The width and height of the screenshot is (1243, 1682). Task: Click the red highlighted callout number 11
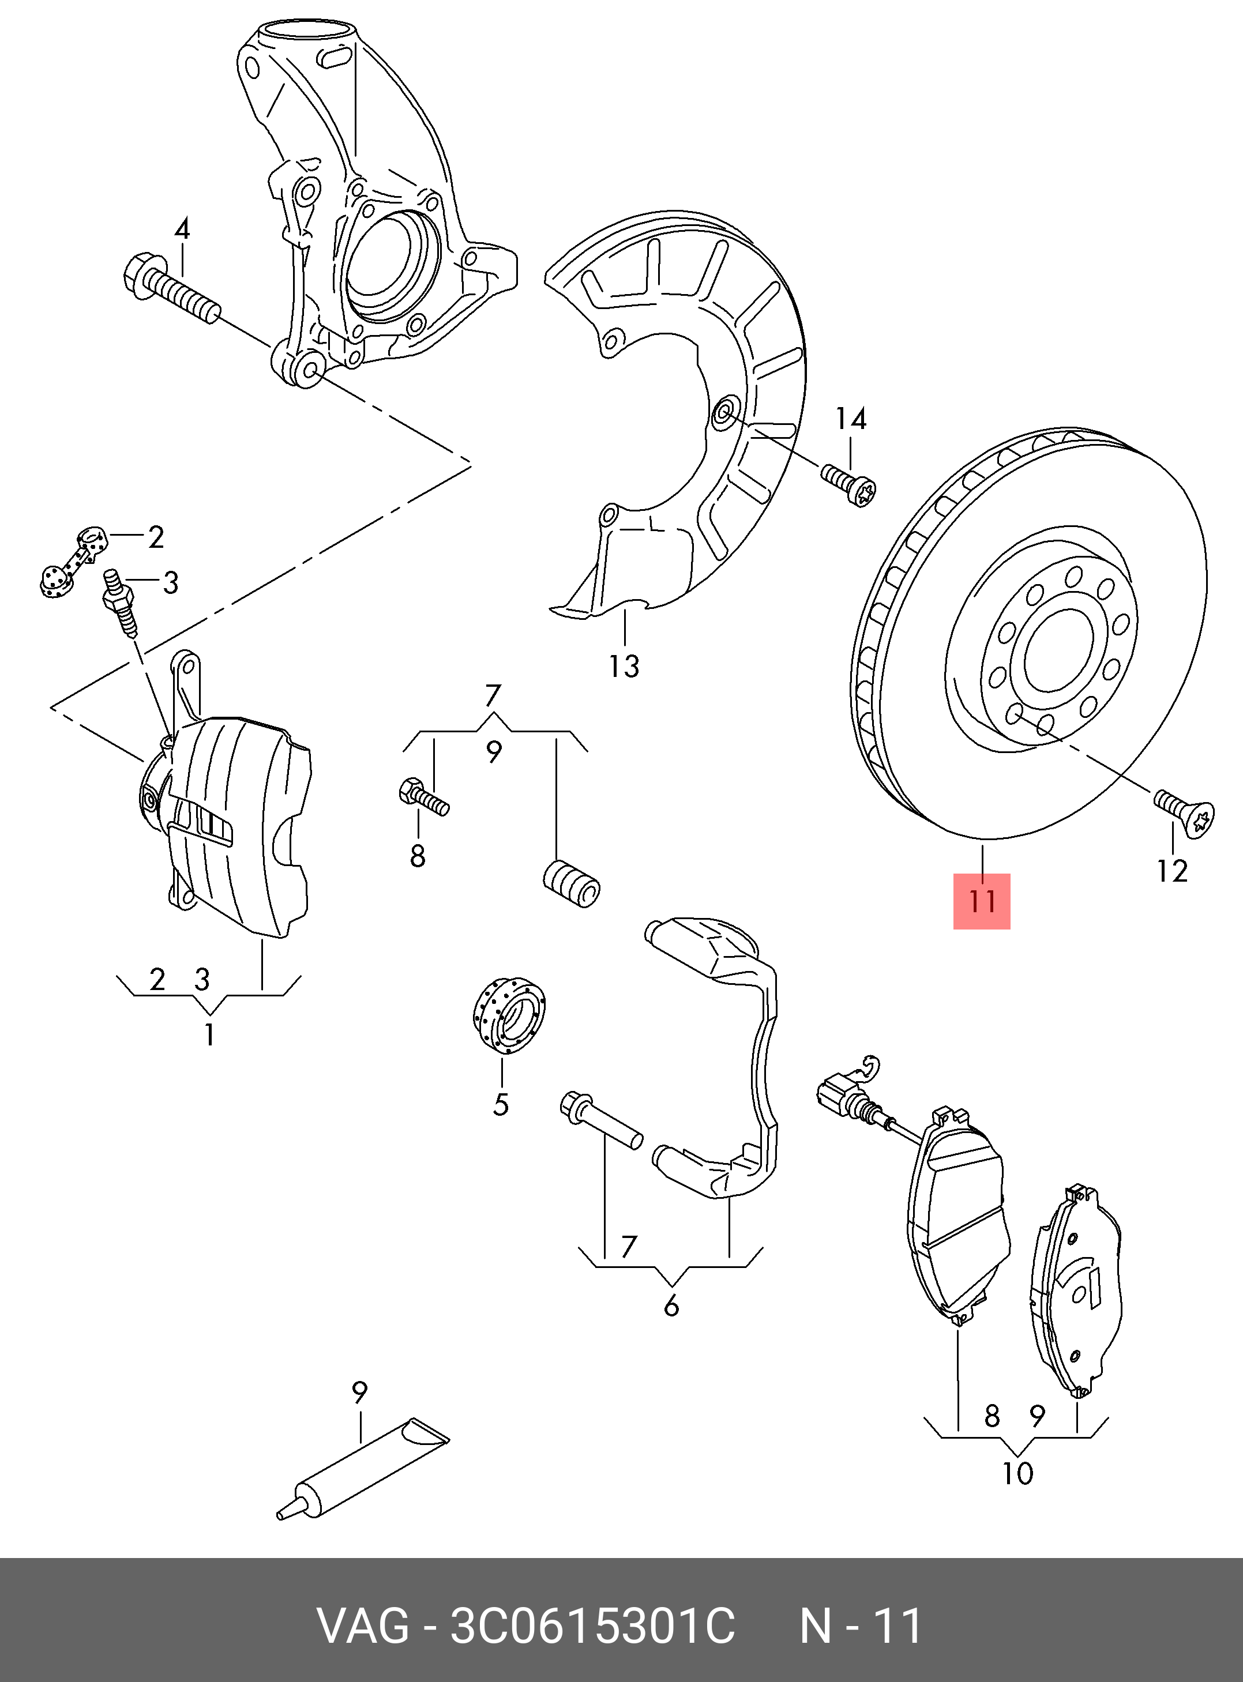pyautogui.click(x=981, y=901)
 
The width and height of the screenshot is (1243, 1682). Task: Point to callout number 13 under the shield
pyautogui.click(x=624, y=667)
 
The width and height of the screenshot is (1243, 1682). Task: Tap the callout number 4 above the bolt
pyautogui.click(x=182, y=229)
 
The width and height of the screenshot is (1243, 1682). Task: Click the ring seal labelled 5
pyautogui.click(x=509, y=1014)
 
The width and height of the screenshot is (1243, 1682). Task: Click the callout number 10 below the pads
pyautogui.click(x=1017, y=1473)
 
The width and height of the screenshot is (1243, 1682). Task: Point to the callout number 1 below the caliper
pyautogui.click(x=209, y=1034)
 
